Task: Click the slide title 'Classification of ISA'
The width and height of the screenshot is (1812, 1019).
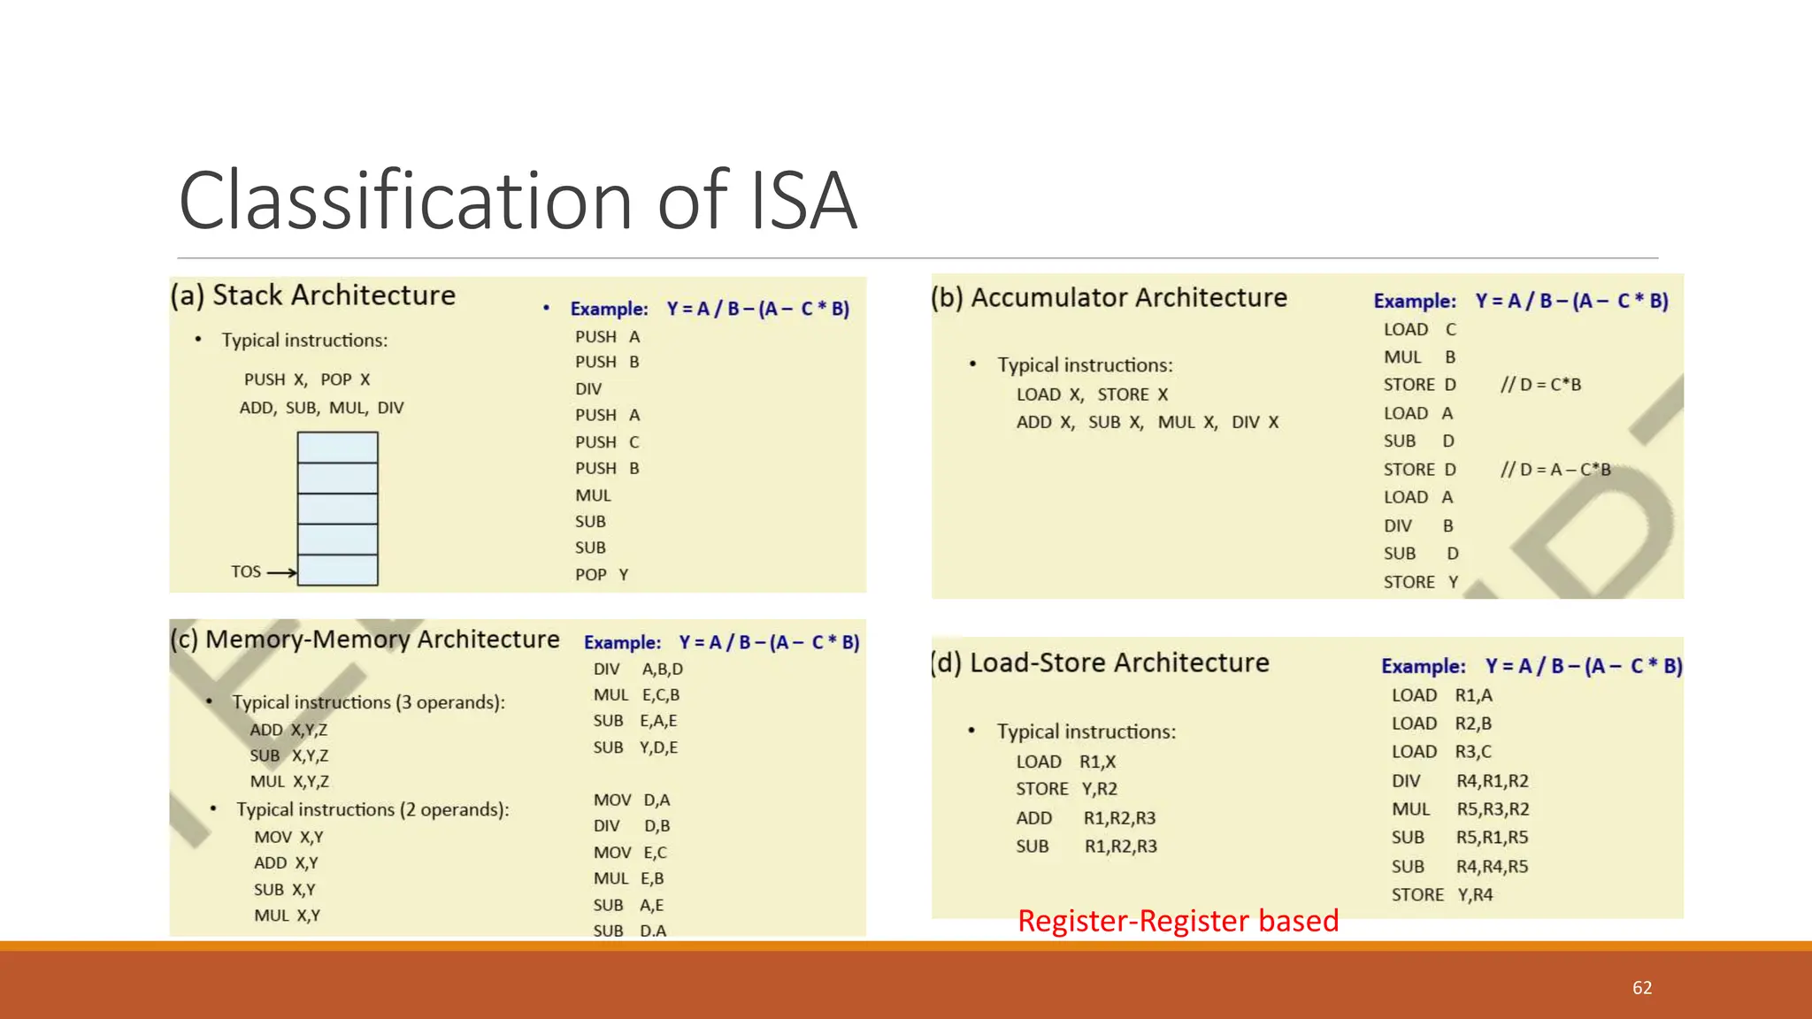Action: tap(518, 201)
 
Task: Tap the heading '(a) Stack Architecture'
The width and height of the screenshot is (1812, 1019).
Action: tap(313, 295)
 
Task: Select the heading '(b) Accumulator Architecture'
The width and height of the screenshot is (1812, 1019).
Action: tap(1109, 298)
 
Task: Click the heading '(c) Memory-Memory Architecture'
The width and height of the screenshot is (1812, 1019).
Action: tap(365, 640)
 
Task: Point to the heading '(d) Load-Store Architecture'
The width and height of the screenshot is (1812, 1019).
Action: tap(1100, 663)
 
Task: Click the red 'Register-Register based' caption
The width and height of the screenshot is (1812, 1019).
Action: tap(1178, 921)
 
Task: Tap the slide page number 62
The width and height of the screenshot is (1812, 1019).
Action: tap(1642, 988)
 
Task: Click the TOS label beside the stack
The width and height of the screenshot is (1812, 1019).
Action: tap(246, 572)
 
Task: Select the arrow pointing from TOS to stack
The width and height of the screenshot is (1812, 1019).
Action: tap(281, 573)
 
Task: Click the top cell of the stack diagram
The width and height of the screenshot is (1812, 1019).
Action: tap(337, 448)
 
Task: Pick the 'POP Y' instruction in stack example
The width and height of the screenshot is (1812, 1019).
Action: tap(602, 575)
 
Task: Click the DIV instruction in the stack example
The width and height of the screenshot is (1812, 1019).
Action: tap(588, 389)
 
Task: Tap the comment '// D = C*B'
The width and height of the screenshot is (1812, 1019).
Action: tap(1540, 385)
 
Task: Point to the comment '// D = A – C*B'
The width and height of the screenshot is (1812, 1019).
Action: tap(1555, 470)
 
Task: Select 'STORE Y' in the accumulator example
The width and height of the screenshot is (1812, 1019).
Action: tap(1421, 582)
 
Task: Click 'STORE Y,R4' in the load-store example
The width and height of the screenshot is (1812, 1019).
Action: tap(1442, 895)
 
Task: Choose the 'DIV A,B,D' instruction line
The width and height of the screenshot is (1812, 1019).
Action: tap(638, 670)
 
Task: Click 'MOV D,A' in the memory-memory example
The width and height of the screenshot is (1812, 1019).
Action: tap(632, 801)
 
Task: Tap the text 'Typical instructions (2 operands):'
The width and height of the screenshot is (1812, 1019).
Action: tap(372, 810)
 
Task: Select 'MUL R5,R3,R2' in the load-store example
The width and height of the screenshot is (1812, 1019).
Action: tap(1460, 809)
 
